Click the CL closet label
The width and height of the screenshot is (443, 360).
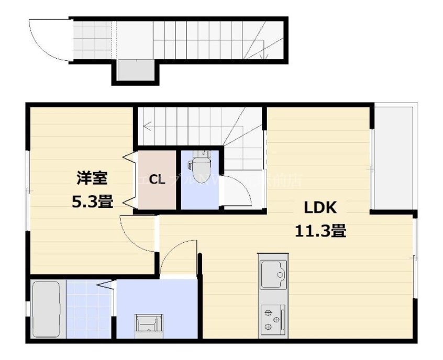(x=157, y=181)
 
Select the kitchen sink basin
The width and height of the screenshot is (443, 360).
(x=273, y=274)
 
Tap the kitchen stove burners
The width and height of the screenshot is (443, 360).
(x=273, y=319)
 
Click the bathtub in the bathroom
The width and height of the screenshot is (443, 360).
(x=46, y=310)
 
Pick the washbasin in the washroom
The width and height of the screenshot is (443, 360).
(x=146, y=324)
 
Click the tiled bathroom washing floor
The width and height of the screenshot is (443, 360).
(x=89, y=310)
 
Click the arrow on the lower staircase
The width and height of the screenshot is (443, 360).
(x=149, y=126)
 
